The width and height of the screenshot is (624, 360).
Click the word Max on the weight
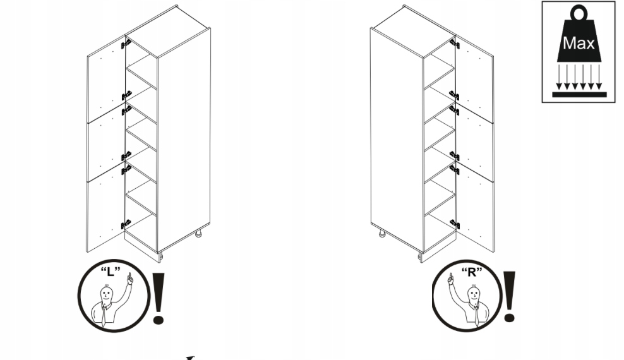coord(578,44)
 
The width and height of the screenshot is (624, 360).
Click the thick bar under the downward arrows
coord(579,94)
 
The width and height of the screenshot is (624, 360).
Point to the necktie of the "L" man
coord(103,316)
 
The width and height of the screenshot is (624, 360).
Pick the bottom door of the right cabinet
coord(474,208)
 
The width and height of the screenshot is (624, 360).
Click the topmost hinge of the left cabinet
coord(126,44)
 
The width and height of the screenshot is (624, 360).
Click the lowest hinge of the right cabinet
coord(454,223)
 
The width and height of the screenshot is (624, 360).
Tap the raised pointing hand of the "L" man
coord(129,279)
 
